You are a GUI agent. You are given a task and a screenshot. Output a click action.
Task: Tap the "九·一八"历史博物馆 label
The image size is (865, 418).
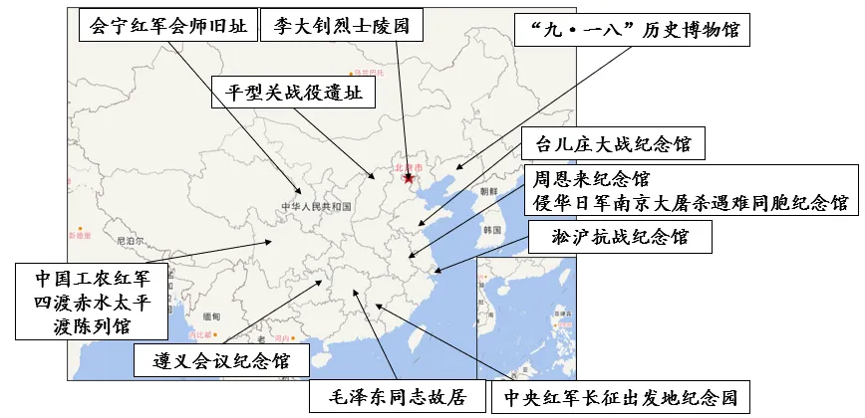click(x=632, y=30)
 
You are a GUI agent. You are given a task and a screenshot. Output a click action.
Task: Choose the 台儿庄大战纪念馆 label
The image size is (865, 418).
click(x=613, y=143)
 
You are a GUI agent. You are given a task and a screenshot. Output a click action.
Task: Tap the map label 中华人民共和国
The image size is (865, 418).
click(x=316, y=207)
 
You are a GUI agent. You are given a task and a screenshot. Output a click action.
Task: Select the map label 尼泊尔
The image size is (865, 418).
click(x=131, y=241)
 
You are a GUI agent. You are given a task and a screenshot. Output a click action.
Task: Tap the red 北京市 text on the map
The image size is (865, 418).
click(x=410, y=167)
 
